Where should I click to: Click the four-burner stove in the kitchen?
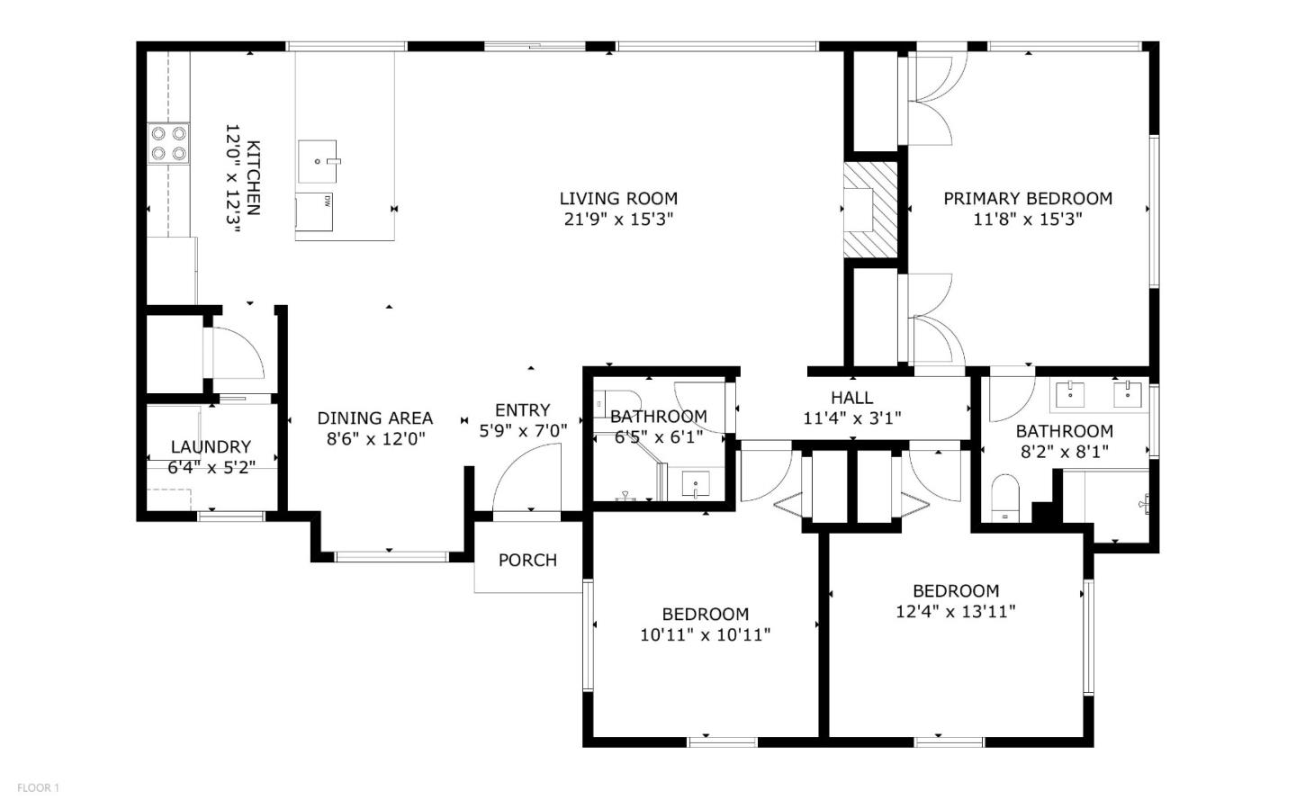(168, 143)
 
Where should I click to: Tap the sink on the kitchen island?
(318, 161)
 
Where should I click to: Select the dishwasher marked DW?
(314, 211)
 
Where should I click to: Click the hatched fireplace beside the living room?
(871, 210)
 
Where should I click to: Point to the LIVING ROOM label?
(618, 198)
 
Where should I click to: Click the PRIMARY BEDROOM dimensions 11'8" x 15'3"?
(1028, 219)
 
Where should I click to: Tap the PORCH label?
(527, 560)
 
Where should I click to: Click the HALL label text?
(851, 397)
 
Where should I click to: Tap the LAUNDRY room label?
(211, 446)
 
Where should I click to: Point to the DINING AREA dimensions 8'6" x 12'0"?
(375, 439)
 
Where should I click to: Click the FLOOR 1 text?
(38, 788)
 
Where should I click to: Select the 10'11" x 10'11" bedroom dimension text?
(705, 635)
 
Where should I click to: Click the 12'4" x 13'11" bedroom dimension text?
(956, 612)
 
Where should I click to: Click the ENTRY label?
(522, 409)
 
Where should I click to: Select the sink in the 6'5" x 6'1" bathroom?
(697, 485)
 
